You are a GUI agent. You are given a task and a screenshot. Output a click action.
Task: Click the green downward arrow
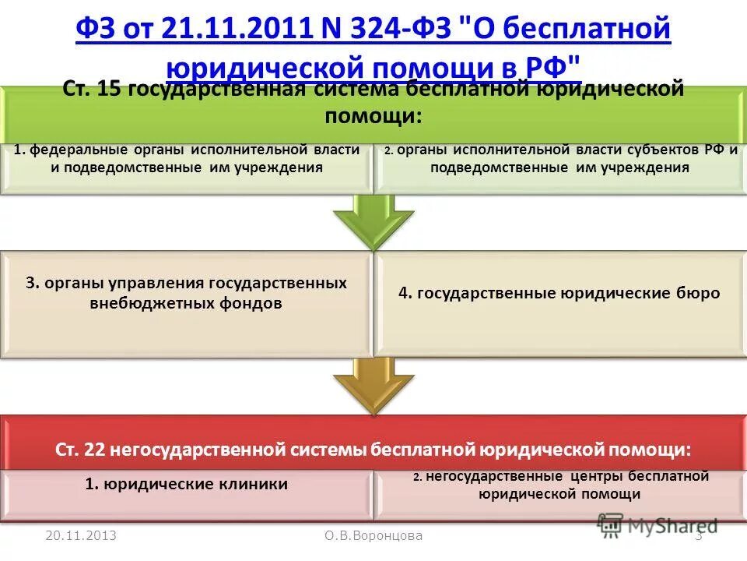coord(373,220)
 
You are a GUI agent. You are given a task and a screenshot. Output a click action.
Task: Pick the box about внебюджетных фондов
coord(186,304)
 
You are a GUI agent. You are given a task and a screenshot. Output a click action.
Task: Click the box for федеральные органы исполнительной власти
coord(186,168)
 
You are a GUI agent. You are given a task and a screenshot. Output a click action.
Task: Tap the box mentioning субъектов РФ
coord(559,168)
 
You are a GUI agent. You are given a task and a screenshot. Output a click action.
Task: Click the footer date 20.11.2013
coord(81,535)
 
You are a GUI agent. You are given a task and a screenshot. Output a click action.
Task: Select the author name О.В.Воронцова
coord(373,535)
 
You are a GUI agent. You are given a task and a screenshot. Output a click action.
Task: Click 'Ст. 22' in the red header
coord(81,450)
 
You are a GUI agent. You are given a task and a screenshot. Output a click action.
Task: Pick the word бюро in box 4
coord(697,293)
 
